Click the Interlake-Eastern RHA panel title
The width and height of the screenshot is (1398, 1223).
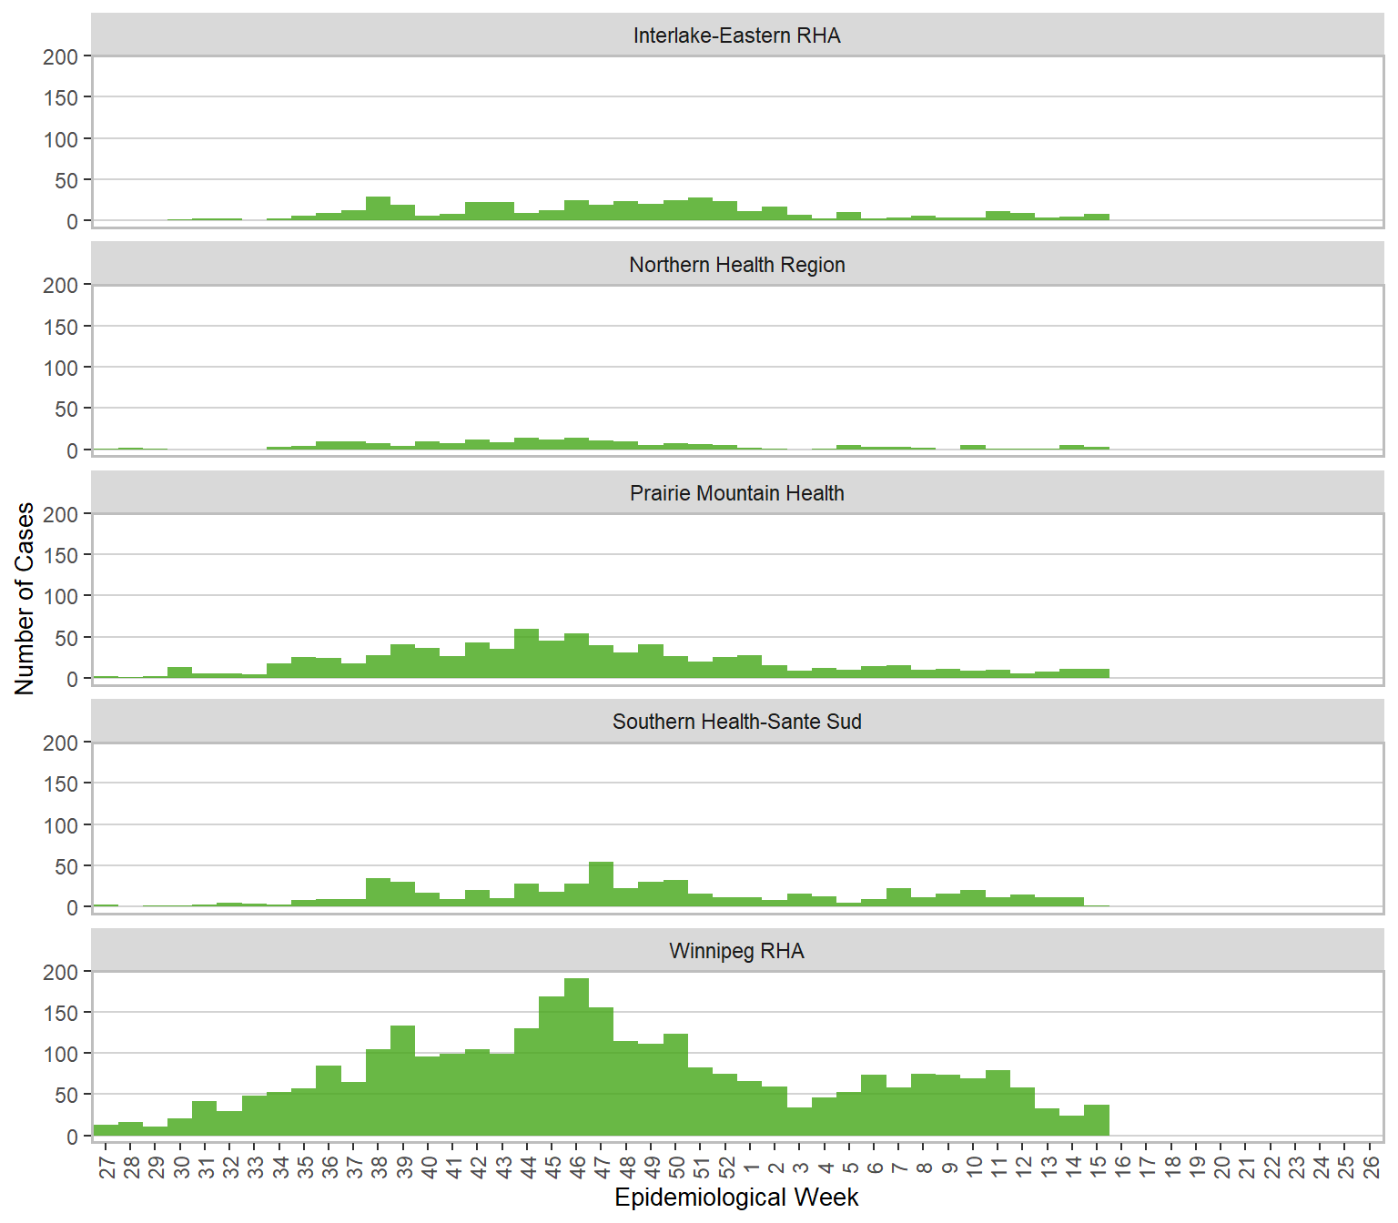(x=736, y=35)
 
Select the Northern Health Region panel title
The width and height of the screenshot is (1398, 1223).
(x=736, y=265)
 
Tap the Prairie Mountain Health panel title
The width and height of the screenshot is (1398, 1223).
(x=736, y=493)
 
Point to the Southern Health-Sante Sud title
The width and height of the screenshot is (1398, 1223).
(x=736, y=722)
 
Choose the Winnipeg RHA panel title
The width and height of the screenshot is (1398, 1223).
(x=736, y=951)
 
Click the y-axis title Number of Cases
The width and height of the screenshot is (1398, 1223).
(x=25, y=598)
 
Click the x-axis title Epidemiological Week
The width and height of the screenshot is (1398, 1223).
(x=736, y=1198)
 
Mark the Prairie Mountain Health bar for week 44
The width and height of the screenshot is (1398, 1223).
(x=526, y=653)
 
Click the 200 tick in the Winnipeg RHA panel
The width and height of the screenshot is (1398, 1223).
(x=61, y=972)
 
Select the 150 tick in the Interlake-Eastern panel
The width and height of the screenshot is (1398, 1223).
(x=61, y=98)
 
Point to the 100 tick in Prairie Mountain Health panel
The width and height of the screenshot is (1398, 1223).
(x=61, y=597)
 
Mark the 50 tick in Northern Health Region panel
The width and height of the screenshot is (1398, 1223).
(x=66, y=409)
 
